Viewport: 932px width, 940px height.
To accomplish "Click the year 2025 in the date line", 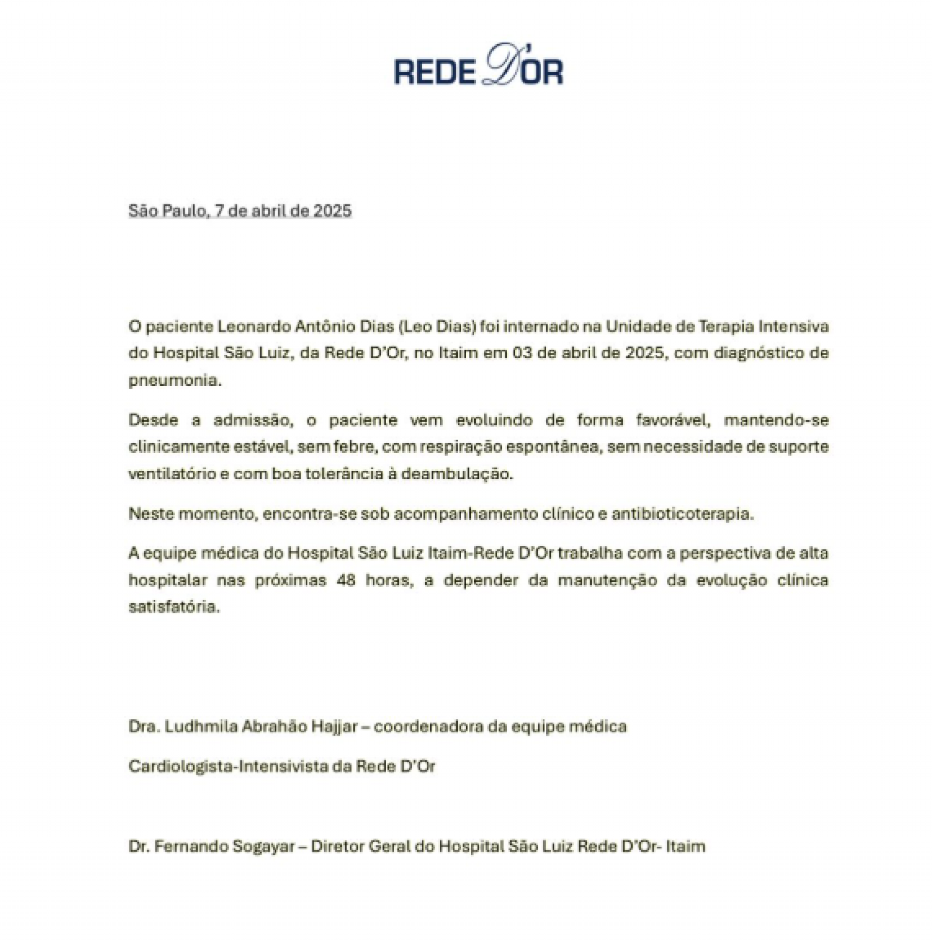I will (332, 211).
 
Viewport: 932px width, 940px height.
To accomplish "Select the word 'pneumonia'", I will (175, 380).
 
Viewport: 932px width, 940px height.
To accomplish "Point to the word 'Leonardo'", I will (252, 326).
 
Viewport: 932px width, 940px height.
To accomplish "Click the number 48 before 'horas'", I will (346, 580).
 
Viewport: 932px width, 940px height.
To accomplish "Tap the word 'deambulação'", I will (457, 474).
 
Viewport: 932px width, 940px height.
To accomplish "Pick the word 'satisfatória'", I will (174, 607).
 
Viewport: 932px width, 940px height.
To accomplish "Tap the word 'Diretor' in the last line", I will (338, 846).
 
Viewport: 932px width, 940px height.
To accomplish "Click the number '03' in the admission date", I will (522, 353).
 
